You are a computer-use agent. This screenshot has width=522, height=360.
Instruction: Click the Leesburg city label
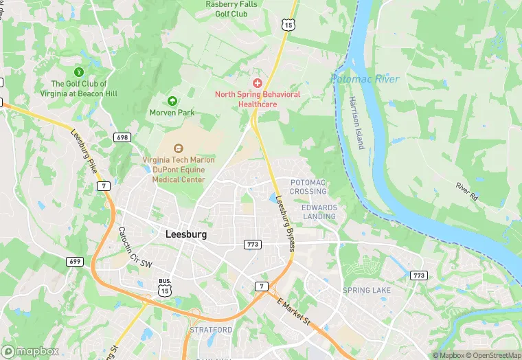[x=186, y=234]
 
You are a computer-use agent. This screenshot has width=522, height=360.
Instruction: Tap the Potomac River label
[x=365, y=80]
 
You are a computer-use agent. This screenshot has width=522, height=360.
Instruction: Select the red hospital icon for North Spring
[x=258, y=82]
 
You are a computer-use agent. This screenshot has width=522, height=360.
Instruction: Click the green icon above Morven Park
[x=172, y=101]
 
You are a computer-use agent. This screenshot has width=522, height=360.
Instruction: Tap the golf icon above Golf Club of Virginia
[x=79, y=71]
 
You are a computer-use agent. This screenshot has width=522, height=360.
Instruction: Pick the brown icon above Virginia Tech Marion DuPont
[x=179, y=148]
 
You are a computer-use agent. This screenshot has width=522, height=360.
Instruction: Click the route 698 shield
[x=122, y=137]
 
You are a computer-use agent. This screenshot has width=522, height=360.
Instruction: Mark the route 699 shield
[x=74, y=261]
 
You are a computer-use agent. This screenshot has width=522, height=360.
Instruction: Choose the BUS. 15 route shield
[x=164, y=289]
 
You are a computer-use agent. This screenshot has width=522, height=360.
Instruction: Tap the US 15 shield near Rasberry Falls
[x=287, y=24]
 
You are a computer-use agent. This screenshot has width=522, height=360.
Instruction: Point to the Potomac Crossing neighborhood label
[x=308, y=187]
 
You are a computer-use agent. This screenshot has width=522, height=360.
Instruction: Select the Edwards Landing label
[x=319, y=212]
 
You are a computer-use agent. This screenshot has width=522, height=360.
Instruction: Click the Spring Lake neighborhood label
[x=366, y=291]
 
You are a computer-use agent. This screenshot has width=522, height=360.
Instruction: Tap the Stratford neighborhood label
[x=211, y=330]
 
